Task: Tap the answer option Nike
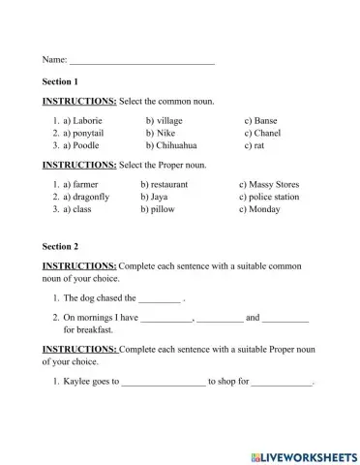[165, 134]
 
